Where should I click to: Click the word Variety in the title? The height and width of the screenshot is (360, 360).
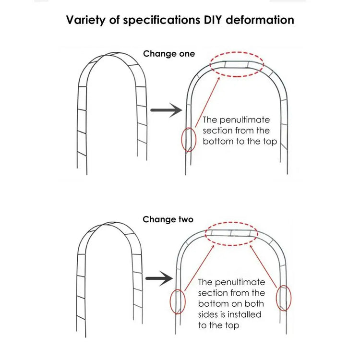pos(85,20)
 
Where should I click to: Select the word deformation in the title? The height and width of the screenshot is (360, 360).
pos(260,20)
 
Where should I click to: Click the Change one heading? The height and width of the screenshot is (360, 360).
pos(169,54)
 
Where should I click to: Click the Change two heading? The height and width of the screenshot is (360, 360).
pos(168,219)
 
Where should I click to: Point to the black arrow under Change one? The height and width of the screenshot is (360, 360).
pos(166,110)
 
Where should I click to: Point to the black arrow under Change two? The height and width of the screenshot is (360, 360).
pos(159,278)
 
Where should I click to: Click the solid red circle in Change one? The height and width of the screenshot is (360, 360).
pos(181,140)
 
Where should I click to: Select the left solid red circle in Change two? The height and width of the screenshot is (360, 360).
pos(170,302)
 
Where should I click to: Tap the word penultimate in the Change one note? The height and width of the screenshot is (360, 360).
pos(245,120)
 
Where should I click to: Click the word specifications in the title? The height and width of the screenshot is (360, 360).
pos(162,20)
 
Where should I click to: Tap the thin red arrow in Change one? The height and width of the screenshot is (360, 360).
pos(207,102)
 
